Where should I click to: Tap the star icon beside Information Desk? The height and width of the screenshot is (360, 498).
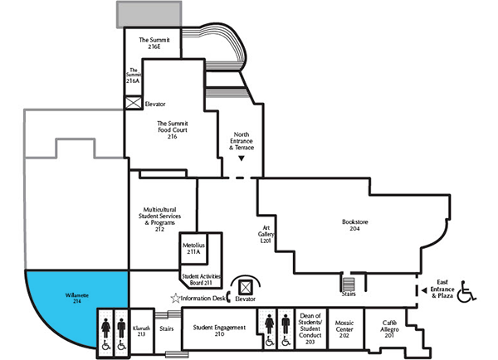[x=175, y=297]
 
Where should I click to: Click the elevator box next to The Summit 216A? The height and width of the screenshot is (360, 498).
[x=132, y=104]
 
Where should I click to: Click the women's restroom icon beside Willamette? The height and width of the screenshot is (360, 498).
[x=106, y=323]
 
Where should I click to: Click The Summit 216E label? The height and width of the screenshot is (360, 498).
[x=154, y=43]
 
